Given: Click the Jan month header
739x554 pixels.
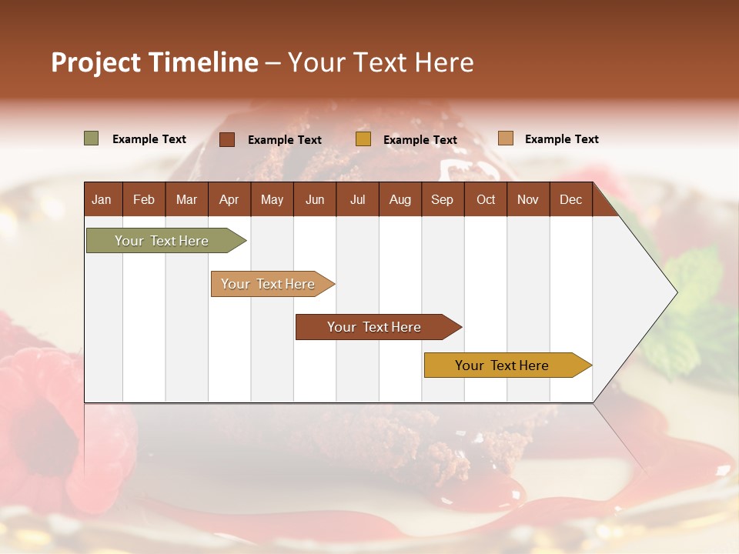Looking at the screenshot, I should coord(102,199).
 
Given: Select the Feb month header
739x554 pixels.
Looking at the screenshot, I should coord(144,199).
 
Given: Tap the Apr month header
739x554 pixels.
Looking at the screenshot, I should coord(229,199).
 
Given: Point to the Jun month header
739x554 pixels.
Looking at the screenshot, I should coord(315,199).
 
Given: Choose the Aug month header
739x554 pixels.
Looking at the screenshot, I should coord(400,199).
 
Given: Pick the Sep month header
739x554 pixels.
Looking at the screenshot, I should coord(442,199).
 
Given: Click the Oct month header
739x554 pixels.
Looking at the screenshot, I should coord(486,199).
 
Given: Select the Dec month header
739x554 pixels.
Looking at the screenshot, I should coord(570,199).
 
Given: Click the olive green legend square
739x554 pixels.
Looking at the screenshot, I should coord(92,138).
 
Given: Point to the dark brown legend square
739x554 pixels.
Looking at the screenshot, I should coord(227,139).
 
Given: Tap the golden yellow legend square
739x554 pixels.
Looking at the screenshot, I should coord(363,139).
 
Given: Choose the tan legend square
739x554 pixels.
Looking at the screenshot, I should coord(506,138).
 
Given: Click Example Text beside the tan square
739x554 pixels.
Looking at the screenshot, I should coord(561,139).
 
